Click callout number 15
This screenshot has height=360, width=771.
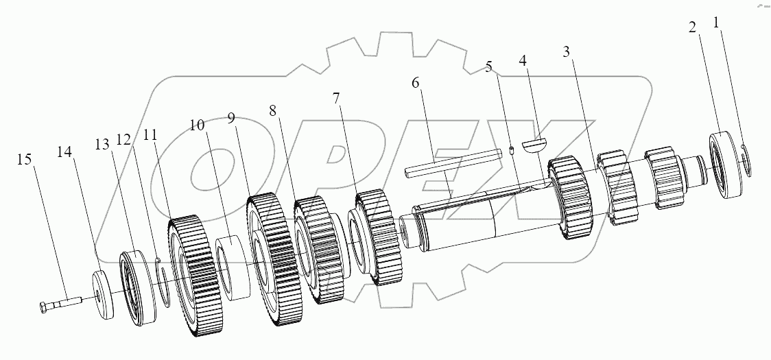coord(24,160)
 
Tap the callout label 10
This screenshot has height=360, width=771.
coord(197,125)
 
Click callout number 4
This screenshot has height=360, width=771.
coord(523,61)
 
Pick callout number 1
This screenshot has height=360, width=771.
coord(717,23)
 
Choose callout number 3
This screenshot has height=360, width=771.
coord(566,51)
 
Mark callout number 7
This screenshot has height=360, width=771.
coord(336,97)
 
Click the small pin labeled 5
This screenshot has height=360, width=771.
coord(512,152)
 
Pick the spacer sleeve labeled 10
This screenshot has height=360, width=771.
coord(233,267)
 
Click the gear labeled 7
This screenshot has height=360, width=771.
coord(375,237)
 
